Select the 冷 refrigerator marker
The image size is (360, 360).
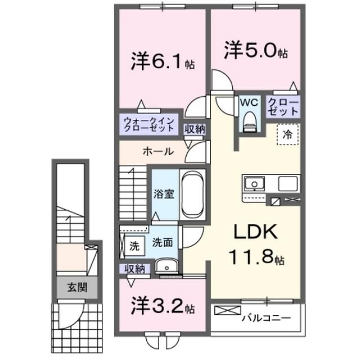(x=287, y=135)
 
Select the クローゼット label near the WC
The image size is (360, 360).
(x=280, y=106)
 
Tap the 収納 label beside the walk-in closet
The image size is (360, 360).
(x=195, y=129)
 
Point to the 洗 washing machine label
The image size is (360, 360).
(x=134, y=245)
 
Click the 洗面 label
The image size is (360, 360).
(x=164, y=242)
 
